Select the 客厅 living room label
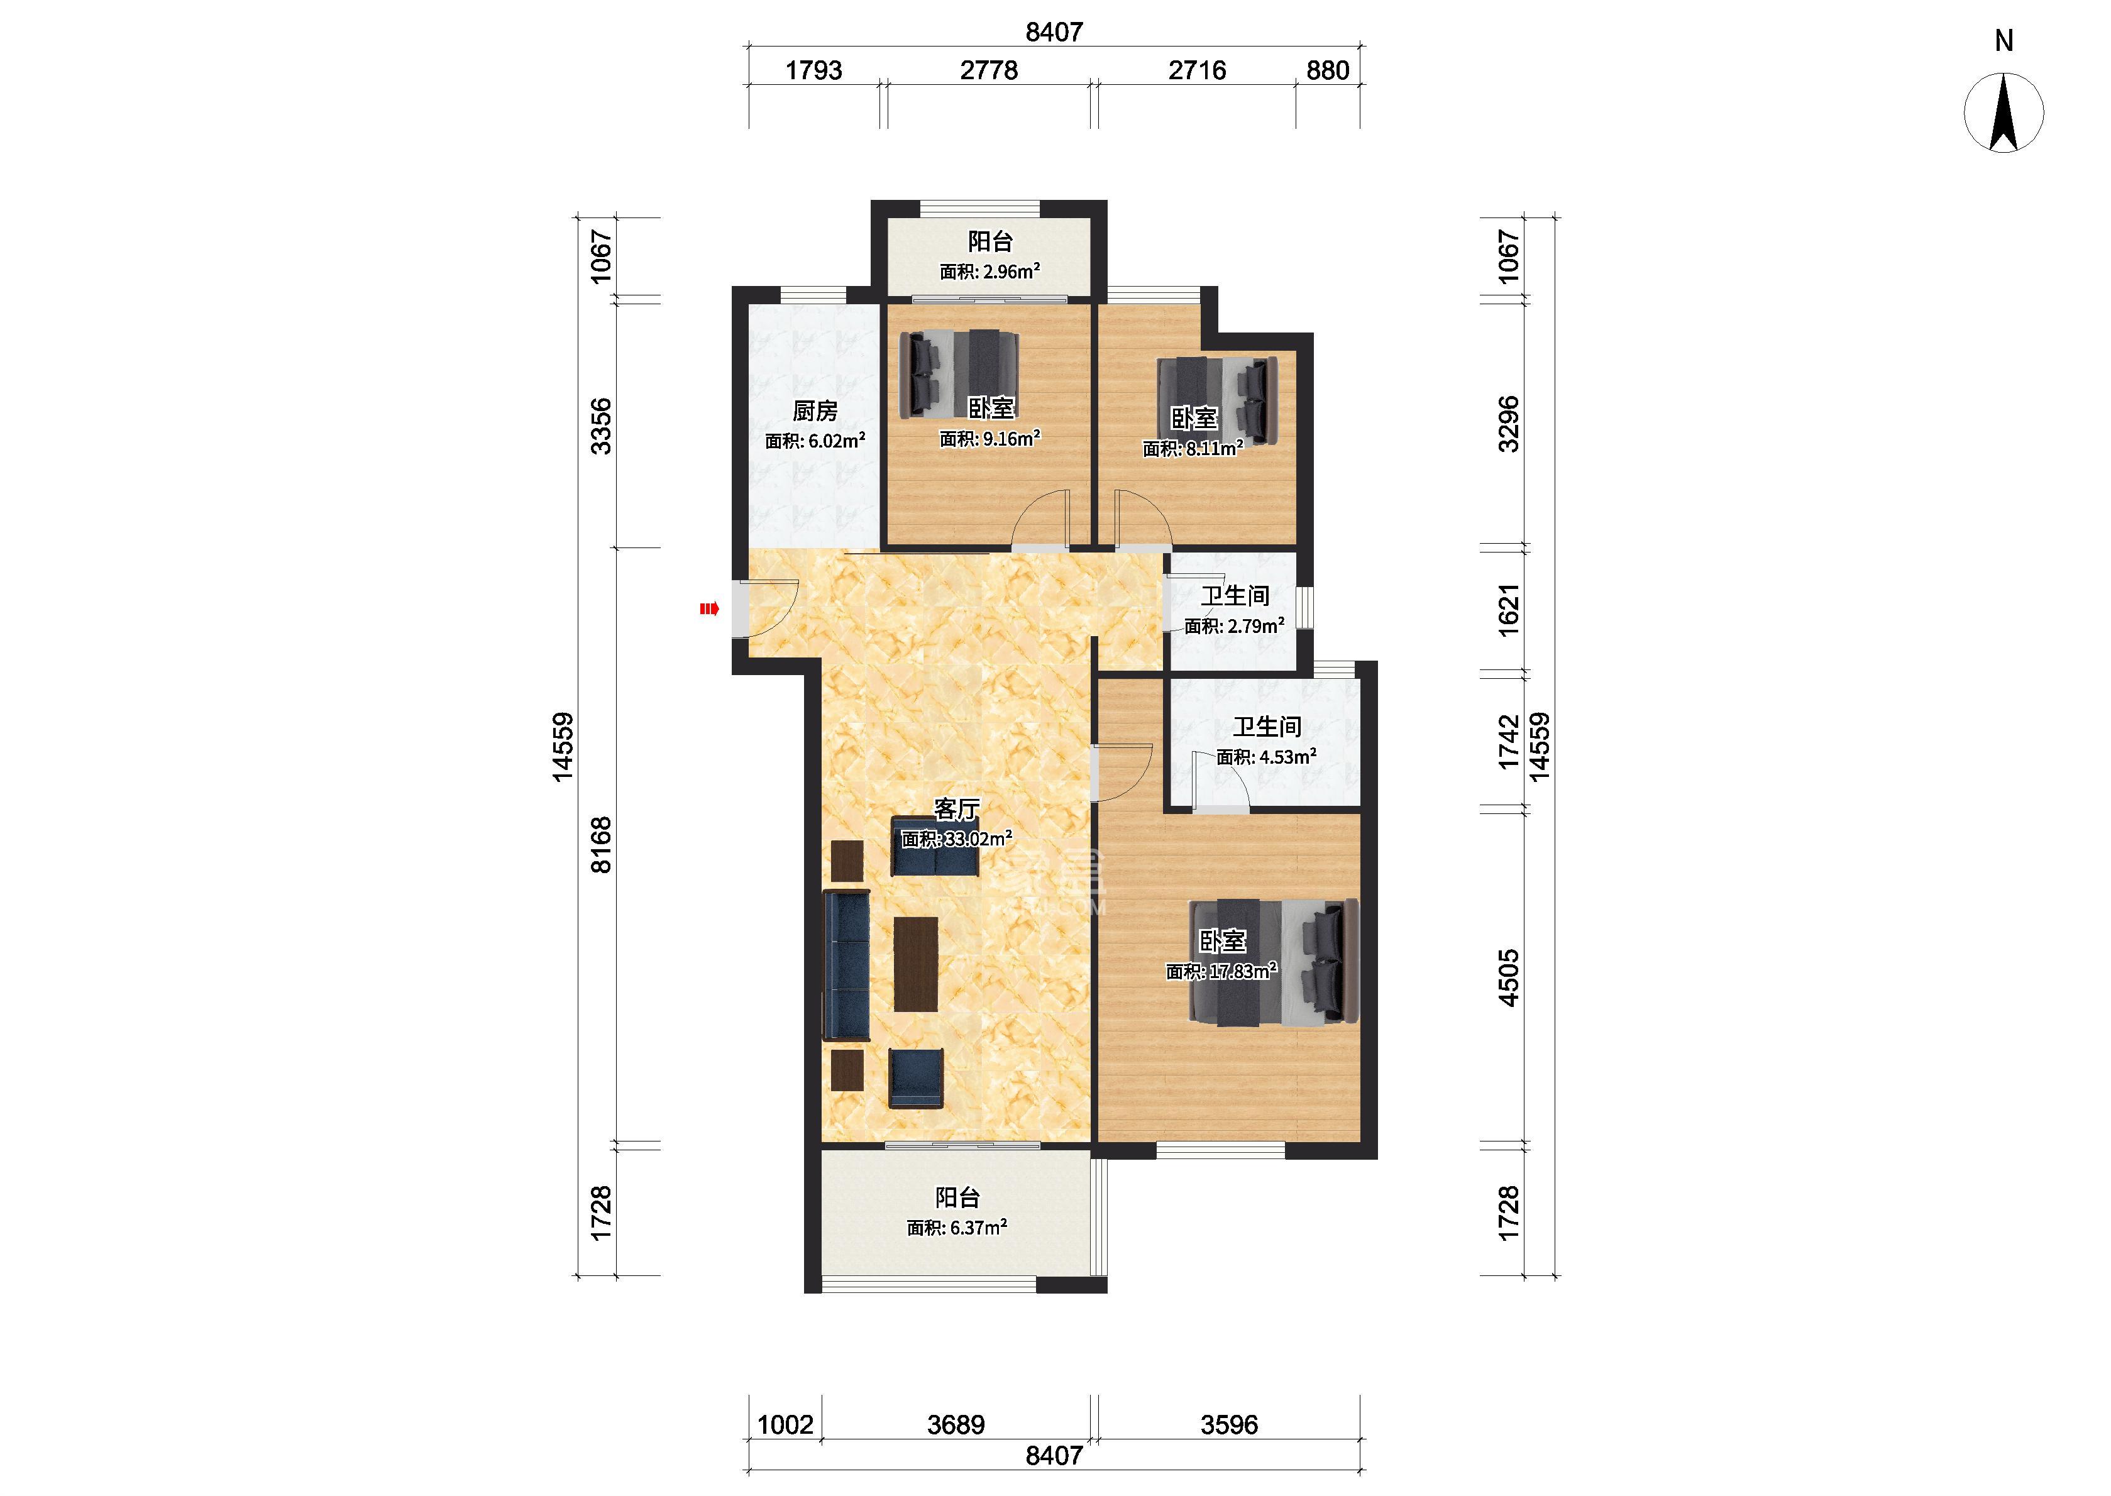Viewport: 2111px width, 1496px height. [956, 810]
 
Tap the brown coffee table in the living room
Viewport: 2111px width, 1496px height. [271, 964]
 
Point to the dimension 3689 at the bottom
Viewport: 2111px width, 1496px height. [956, 1425]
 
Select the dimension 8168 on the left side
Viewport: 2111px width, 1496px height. [600, 845]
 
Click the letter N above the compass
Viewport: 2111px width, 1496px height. [2004, 40]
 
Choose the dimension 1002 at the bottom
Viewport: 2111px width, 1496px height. [785, 1425]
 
